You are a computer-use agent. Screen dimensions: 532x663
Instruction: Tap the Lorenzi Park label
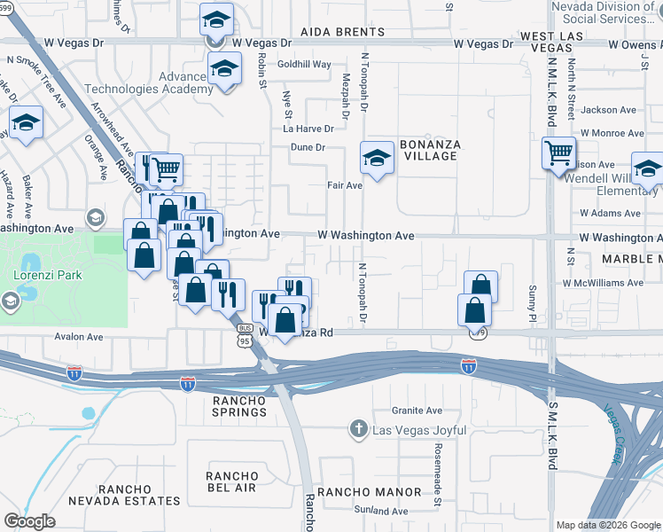(48, 276)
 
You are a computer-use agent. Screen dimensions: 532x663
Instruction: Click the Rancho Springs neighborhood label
(239, 406)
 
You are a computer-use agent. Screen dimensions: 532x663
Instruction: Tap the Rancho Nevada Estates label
(139, 495)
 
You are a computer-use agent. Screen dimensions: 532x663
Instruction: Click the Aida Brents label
(342, 32)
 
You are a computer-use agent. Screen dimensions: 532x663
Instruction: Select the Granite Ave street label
(417, 411)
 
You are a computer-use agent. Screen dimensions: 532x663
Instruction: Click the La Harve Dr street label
(308, 129)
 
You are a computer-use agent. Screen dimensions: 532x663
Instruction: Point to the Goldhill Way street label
(304, 65)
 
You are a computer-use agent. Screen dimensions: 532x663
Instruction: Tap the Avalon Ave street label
(78, 337)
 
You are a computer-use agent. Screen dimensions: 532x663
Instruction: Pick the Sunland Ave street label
(380, 511)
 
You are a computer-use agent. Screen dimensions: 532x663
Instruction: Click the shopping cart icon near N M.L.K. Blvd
(558, 153)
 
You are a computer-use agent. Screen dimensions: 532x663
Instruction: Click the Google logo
(29, 521)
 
